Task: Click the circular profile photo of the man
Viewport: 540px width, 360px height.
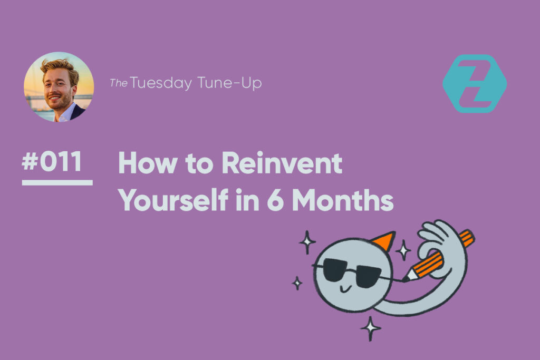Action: tap(59, 87)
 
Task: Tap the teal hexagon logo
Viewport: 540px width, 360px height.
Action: tap(475, 84)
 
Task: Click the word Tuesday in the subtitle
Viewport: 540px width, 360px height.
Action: tap(161, 83)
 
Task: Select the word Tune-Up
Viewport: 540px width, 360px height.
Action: tap(229, 83)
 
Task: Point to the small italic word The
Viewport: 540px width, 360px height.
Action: tap(119, 83)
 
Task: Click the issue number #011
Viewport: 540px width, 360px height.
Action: tap(52, 161)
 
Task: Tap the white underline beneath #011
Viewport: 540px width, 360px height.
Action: tap(57, 183)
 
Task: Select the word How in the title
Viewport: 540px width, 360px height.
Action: tap(148, 163)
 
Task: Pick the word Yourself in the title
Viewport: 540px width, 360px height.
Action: tap(173, 200)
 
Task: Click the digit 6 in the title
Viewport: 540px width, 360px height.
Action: tap(275, 200)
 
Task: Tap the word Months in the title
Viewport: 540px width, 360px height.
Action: tap(343, 200)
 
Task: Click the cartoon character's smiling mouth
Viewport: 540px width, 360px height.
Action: tap(345, 288)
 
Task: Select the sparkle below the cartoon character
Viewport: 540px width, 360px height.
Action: tap(371, 328)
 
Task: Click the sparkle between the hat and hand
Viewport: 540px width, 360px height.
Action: tap(403, 250)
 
